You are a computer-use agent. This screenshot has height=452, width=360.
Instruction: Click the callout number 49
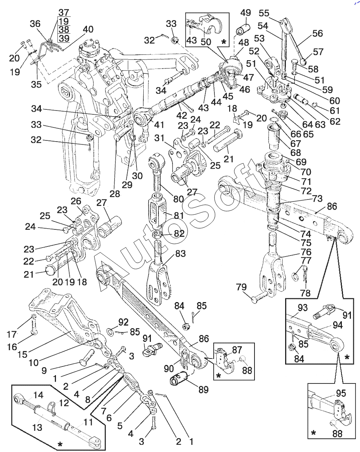point(245,13)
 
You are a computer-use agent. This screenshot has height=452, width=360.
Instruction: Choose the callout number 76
point(306,252)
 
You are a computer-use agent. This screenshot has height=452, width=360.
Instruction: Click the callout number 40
point(88,29)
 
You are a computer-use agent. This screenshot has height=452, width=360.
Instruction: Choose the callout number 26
point(76,200)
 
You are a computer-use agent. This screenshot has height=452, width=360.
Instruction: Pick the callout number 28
point(115,194)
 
